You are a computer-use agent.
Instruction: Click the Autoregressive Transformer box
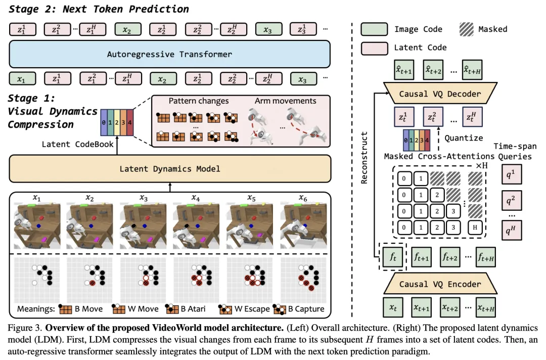[x=169, y=54]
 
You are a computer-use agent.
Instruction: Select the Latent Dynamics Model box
[x=169, y=168]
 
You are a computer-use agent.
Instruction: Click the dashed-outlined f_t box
[x=393, y=256]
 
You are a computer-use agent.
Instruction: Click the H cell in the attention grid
[x=475, y=227]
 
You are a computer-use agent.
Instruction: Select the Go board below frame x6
[x=302, y=279]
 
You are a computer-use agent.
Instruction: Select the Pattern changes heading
[x=199, y=101]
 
